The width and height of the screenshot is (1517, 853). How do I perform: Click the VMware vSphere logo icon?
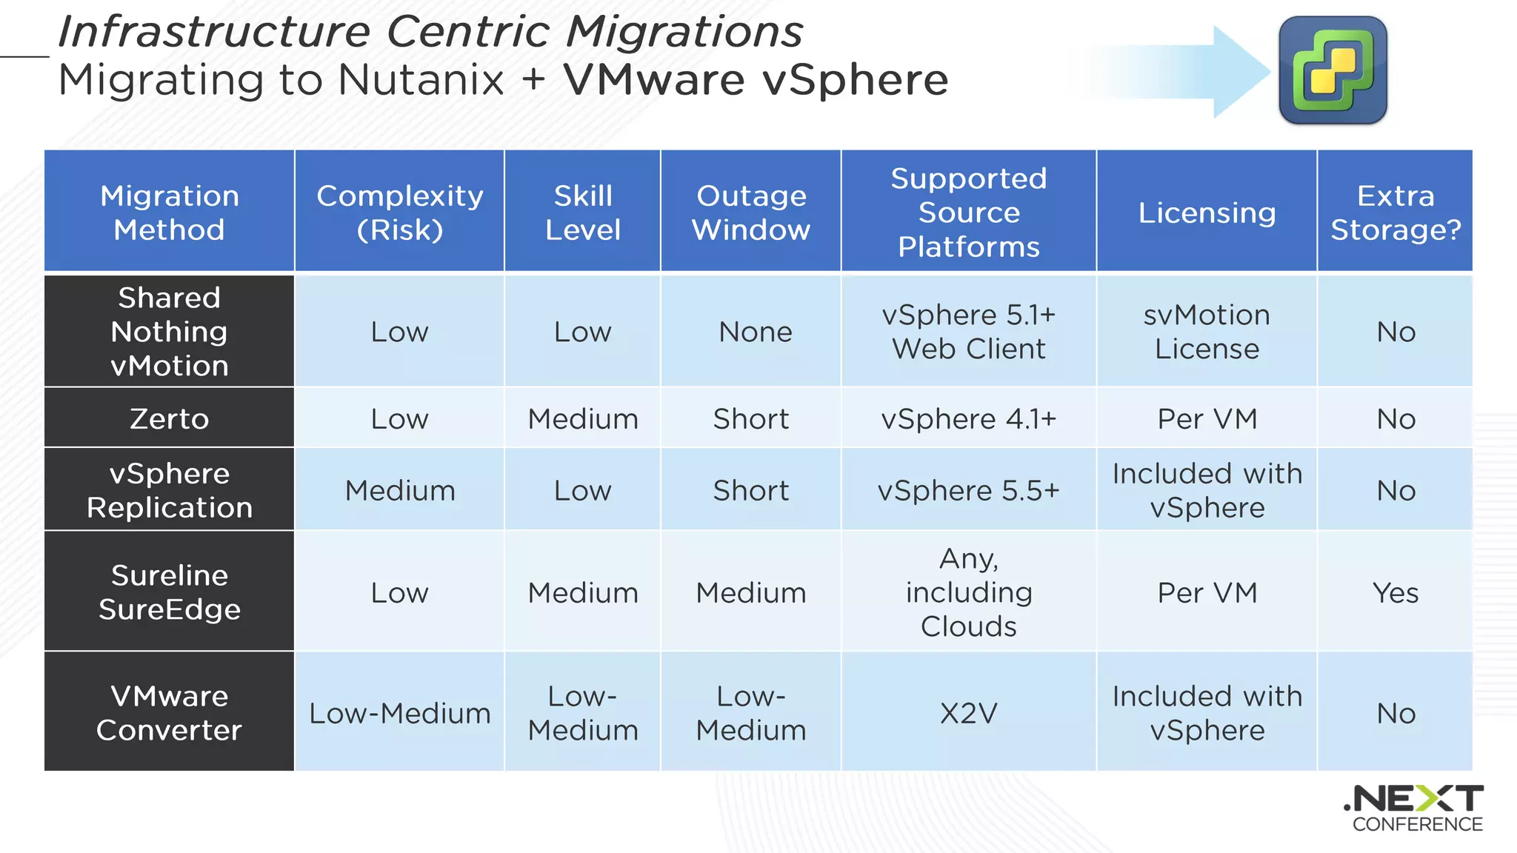pos(1333,70)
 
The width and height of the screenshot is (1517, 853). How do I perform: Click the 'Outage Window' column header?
pos(751,213)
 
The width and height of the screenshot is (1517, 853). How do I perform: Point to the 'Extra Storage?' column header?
pos(1396,213)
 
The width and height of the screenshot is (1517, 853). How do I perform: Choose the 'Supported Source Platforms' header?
pos(969,213)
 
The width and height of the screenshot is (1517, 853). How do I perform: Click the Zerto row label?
pos(170,419)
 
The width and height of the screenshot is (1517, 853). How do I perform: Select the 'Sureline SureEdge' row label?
pos(170,592)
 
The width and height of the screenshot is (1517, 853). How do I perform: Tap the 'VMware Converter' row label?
pos(170,713)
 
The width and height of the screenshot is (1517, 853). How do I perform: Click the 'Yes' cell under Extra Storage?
pos(1396,593)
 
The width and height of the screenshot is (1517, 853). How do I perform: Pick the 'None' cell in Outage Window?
pos(755,332)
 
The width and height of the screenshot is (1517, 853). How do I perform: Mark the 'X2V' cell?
pos(969,713)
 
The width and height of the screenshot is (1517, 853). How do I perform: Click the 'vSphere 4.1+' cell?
pos(969,419)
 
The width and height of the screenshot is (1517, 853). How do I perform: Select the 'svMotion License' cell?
pos(1207,332)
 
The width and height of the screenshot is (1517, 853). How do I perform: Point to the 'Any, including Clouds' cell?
pos(969,592)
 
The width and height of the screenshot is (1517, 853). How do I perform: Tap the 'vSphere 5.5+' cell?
pos(969,490)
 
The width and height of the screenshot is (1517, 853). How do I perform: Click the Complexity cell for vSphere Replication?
pos(400,490)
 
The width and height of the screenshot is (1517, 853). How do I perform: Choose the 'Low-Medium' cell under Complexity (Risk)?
pos(400,713)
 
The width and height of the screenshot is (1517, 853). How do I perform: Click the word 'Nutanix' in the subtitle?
pos(421,80)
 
